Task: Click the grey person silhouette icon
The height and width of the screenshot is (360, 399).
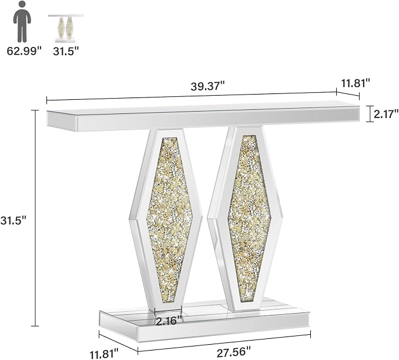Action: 22,22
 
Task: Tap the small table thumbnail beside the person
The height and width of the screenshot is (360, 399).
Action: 66,28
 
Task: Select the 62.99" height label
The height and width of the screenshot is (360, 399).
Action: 24,51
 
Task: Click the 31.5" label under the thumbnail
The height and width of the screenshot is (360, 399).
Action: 66,51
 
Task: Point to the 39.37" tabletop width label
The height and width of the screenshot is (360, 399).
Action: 208,86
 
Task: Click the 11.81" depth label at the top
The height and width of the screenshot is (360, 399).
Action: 356,83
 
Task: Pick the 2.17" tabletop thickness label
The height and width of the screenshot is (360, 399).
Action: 385,114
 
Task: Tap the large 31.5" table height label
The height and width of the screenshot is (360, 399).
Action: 14,220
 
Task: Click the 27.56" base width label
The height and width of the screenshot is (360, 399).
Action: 234,352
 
